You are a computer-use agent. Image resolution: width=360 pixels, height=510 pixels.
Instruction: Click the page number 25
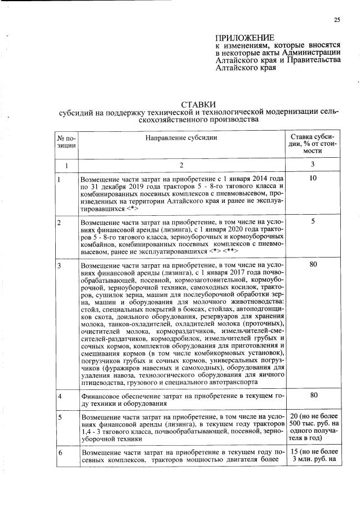click(x=336, y=20)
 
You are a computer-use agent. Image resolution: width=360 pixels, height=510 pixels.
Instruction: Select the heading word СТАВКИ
click(x=197, y=104)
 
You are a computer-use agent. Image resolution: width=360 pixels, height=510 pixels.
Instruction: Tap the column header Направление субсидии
click(x=181, y=138)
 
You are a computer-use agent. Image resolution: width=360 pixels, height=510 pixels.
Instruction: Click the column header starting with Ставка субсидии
click(x=312, y=144)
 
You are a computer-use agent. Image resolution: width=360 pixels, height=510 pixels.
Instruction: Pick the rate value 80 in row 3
click(x=314, y=264)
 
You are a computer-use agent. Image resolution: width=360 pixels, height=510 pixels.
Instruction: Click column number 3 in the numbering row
click(x=313, y=164)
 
